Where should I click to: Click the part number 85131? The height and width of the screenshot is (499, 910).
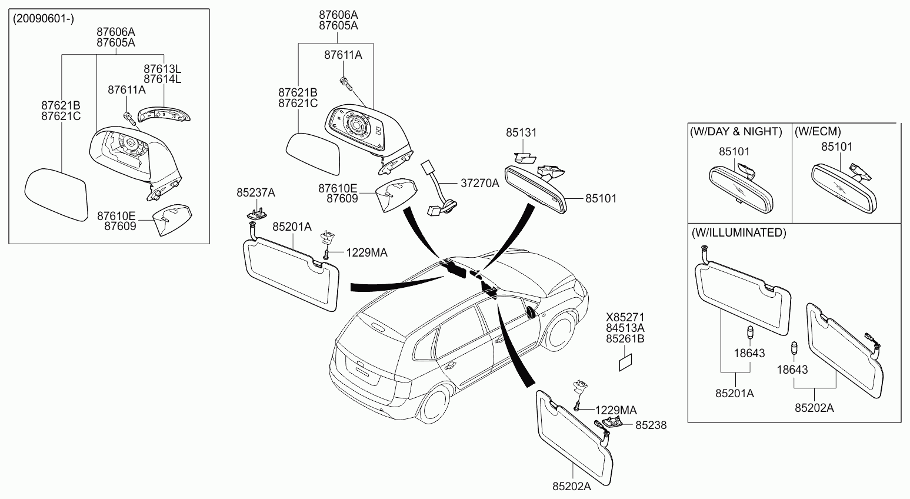click(x=521, y=132)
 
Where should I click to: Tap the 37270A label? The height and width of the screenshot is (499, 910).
click(x=479, y=183)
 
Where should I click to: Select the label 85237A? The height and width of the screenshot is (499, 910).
click(x=256, y=192)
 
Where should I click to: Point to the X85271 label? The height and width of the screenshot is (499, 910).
click(x=625, y=317)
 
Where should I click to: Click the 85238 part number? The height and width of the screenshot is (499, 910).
click(x=651, y=425)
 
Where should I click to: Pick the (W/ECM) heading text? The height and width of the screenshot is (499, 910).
click(x=818, y=131)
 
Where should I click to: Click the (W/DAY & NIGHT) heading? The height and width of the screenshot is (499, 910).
click(x=736, y=131)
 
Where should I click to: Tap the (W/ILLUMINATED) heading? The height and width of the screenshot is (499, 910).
click(x=739, y=232)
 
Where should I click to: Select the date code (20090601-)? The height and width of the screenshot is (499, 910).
click(x=44, y=19)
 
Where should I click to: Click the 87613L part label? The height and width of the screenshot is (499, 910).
click(x=162, y=69)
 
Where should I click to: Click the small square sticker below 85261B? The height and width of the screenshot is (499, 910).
click(x=626, y=362)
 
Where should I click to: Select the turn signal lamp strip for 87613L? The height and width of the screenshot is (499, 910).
click(x=164, y=115)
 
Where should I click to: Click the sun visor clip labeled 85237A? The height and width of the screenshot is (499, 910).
click(x=256, y=214)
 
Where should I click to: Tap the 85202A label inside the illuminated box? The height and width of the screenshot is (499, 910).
click(x=814, y=408)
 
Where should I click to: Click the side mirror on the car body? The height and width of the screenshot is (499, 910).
click(x=531, y=312)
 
